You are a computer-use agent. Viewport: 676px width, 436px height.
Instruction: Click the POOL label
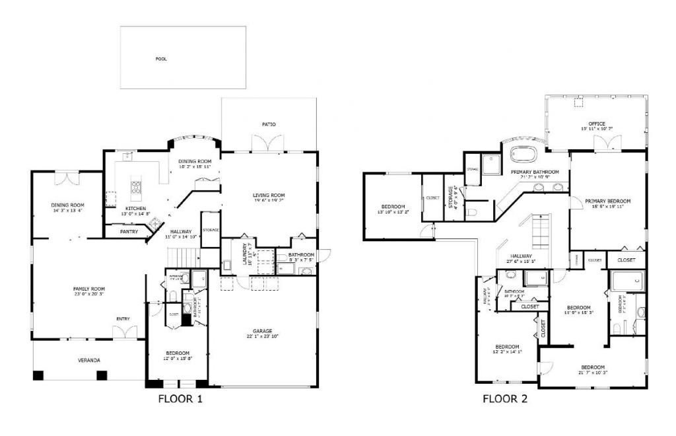(x=161, y=59)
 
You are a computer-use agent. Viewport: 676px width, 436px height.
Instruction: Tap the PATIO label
(x=269, y=124)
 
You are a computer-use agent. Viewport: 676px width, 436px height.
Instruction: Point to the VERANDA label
(x=89, y=360)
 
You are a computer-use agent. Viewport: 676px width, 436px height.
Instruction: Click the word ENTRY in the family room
(x=123, y=319)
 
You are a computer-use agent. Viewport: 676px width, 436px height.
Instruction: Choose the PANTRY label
(x=129, y=232)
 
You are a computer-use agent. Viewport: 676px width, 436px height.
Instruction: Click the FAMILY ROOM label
(x=88, y=289)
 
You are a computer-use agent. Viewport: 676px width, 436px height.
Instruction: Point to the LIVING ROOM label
(x=269, y=195)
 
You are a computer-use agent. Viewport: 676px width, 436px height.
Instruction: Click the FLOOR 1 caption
(x=180, y=399)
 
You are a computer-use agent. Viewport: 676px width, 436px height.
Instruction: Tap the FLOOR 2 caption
(x=504, y=399)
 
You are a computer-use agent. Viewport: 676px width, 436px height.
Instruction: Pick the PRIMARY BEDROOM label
(x=607, y=201)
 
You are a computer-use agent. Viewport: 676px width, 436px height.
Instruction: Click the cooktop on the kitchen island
(x=137, y=187)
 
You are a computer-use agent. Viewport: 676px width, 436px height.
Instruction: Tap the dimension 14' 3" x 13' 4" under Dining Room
(x=67, y=211)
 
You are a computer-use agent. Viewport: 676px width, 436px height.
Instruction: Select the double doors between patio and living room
(x=267, y=143)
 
